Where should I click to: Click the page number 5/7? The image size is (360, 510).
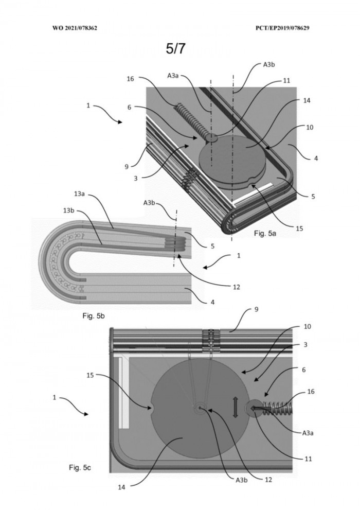[x=176, y=49]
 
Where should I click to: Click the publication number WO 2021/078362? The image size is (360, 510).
[x=75, y=28]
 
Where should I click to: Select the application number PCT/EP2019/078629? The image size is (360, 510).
[x=282, y=28]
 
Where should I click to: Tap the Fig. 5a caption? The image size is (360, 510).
[x=265, y=233]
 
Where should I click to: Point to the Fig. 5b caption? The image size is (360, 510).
[x=94, y=314]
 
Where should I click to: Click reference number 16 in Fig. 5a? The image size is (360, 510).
[x=130, y=79]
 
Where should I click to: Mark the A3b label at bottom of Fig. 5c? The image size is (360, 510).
[x=242, y=480]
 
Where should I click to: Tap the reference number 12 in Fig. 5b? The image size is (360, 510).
[x=236, y=287]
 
